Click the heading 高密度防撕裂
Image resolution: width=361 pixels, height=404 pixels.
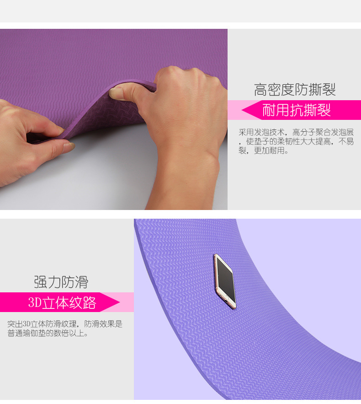click(295, 90)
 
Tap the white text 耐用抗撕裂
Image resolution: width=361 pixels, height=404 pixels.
click(297, 110)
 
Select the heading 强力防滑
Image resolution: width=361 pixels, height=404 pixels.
click(61, 282)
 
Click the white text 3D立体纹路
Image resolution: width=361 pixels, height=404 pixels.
click(62, 302)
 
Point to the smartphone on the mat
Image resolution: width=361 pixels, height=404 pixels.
click(225, 281)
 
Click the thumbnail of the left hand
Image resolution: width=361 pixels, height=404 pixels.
click(69, 146)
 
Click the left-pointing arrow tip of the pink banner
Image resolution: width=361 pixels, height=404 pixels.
click(242, 110)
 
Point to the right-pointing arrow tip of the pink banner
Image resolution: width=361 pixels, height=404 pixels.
click(119, 302)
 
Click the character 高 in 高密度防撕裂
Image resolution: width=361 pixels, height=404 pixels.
click(260, 90)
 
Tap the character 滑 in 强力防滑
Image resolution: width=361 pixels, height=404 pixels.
click(82, 282)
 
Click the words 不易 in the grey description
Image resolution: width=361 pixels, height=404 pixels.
click(346, 141)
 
